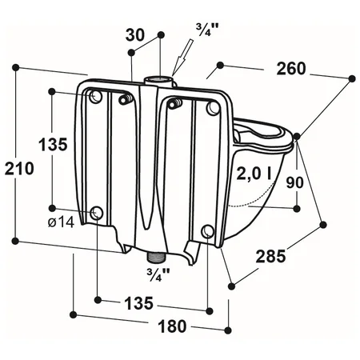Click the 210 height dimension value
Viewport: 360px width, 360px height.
[x=20, y=168]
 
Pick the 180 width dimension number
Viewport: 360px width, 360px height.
[x=170, y=326]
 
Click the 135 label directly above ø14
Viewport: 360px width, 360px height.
[x=52, y=145]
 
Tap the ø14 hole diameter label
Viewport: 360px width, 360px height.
[x=61, y=222]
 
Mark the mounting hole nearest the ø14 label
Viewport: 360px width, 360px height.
[x=98, y=213]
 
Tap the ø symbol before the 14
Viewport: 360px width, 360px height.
[x=51, y=222]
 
